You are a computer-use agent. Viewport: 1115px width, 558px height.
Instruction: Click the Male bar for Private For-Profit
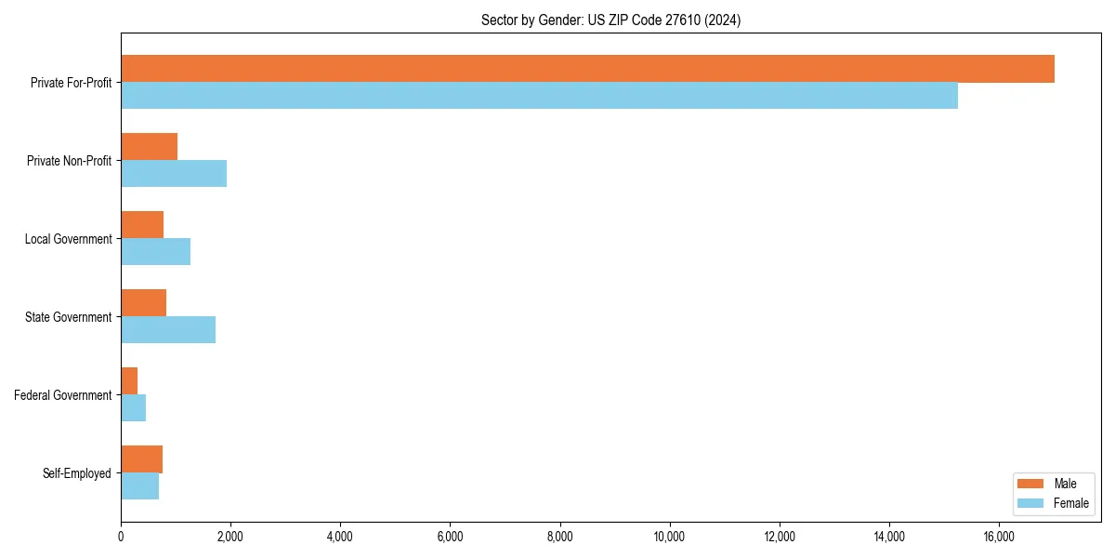tap(587, 69)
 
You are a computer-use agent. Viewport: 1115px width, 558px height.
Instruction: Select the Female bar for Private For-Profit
tap(539, 96)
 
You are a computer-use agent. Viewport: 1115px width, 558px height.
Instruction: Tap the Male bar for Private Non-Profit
tap(149, 147)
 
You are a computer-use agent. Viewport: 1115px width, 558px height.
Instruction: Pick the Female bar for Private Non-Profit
tap(174, 174)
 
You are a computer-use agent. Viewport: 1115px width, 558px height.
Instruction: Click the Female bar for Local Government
tap(155, 252)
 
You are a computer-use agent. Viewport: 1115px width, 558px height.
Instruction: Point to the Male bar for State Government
tap(143, 303)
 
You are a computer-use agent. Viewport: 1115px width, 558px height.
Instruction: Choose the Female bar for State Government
tap(168, 330)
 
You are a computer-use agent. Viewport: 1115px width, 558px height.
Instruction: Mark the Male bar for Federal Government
tap(129, 381)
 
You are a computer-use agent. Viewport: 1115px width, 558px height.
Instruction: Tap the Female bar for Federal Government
tap(133, 408)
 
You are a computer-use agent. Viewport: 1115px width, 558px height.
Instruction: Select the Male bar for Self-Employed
tap(141, 459)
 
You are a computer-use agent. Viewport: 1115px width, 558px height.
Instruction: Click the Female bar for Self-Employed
tap(139, 486)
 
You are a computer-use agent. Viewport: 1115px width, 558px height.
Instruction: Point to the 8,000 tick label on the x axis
tap(559, 537)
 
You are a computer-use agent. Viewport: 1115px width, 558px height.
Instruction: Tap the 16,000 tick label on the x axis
tap(999, 537)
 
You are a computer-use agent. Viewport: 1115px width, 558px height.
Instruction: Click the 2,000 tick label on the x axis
tap(230, 537)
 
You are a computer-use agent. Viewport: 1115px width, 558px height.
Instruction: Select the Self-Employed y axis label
tap(77, 473)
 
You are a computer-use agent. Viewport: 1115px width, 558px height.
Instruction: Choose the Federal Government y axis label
tap(63, 395)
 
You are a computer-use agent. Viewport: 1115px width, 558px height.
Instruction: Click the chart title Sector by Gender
tap(610, 20)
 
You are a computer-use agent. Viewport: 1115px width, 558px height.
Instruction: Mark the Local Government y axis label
tap(68, 239)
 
